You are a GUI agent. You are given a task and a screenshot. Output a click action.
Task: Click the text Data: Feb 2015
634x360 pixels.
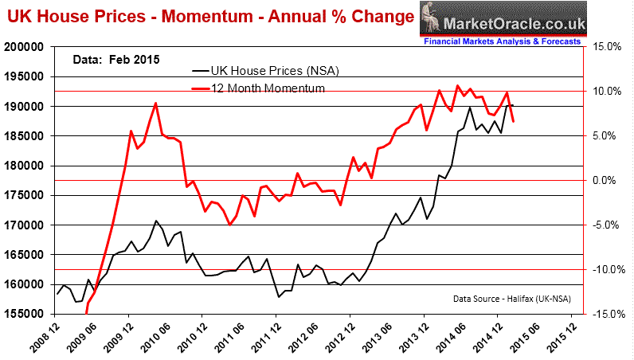(108, 59)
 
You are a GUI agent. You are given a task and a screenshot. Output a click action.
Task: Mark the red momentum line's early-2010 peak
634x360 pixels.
(155, 104)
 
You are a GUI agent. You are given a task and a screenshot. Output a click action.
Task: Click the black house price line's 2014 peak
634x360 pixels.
(470, 108)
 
